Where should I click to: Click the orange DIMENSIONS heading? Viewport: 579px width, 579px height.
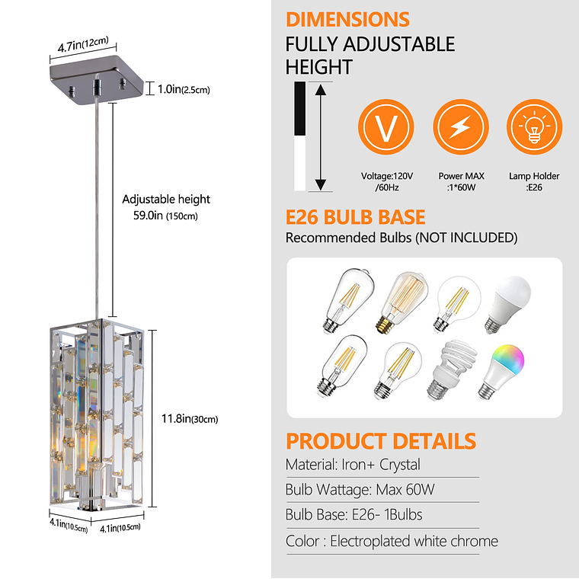pos(347,20)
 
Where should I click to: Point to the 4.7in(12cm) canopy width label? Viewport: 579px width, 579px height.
pos(83,43)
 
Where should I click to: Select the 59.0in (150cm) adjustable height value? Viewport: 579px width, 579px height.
pos(166,216)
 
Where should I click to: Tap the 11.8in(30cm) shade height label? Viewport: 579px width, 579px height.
pos(191,418)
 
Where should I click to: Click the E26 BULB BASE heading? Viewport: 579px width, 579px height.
pos(355,217)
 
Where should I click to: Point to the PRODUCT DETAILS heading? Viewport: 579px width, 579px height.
pos(380,441)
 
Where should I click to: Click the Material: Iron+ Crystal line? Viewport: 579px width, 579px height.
pos(353,464)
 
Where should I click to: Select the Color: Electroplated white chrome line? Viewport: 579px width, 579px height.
pos(392,541)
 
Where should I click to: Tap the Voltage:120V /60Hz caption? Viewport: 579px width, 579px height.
pos(386,181)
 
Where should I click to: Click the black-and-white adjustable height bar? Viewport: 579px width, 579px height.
pos(300,137)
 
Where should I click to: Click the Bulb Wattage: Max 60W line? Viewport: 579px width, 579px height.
pos(359,489)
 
